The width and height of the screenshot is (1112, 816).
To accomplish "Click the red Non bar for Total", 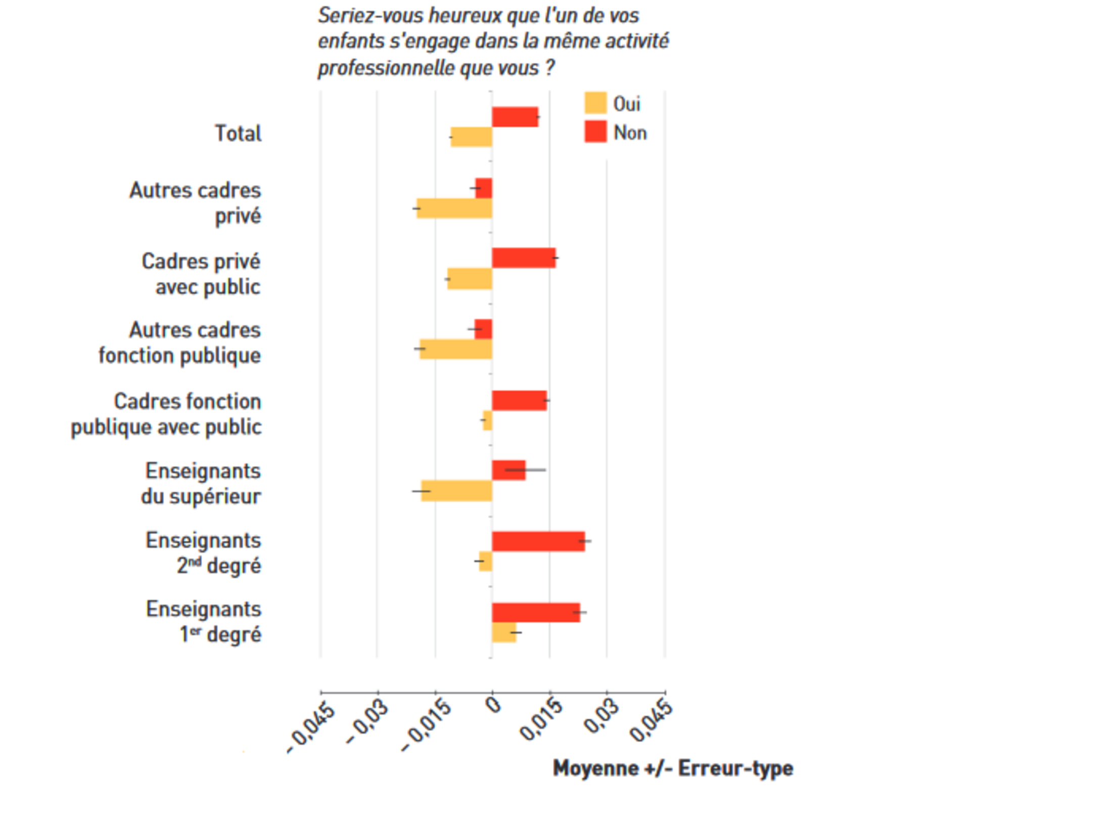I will tap(515, 117).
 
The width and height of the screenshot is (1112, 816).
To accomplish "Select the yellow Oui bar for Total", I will tap(471, 137).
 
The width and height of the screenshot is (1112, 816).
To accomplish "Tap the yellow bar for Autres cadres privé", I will tap(454, 208).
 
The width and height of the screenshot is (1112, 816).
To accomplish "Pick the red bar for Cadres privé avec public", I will tap(524, 258).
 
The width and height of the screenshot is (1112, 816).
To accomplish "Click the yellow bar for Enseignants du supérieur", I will tap(456, 491).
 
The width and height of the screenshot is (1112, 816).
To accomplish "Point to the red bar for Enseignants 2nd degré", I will tap(538, 541).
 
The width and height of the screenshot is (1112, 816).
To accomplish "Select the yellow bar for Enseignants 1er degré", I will tap(504, 632).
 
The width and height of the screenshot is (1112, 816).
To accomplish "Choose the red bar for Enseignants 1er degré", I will tap(536, 613).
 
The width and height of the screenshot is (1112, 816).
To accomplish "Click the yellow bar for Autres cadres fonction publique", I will tap(455, 349).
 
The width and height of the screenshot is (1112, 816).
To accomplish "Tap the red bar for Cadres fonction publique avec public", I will tap(519, 401).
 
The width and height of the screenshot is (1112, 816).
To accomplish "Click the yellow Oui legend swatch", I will tap(595, 103).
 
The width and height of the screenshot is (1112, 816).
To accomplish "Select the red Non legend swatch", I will tap(595, 132).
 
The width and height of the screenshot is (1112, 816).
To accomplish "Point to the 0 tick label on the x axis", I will tap(494, 705).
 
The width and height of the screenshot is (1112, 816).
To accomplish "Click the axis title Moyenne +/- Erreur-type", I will tap(672, 768).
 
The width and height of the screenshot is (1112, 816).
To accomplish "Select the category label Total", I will tap(238, 134).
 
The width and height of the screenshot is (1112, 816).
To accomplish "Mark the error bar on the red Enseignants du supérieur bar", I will tap(526, 470).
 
